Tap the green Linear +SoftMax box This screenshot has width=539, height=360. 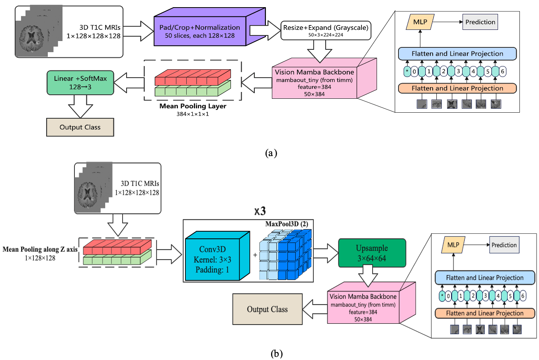(x=80, y=82)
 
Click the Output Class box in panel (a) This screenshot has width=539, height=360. (x=80, y=127)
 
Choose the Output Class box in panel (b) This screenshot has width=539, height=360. (x=267, y=309)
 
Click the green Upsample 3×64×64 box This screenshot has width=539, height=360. (x=372, y=253)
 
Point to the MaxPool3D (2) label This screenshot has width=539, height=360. (x=287, y=224)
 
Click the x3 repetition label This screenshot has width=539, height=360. (x=260, y=211)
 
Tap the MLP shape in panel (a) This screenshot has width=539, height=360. (x=420, y=22)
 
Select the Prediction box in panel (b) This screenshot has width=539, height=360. (x=504, y=245)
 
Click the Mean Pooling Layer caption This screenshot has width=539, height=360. (x=193, y=106)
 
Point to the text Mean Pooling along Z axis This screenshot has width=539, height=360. (x=40, y=249)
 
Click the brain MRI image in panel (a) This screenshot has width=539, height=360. (x=31, y=38)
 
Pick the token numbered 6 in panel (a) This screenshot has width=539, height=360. (x=502, y=71)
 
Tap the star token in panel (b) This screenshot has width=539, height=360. (x=442, y=296)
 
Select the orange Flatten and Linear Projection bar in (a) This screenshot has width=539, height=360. (x=457, y=88)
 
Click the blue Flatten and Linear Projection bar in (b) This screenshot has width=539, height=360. (x=484, y=278)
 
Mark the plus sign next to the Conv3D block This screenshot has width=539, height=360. (x=255, y=255)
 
